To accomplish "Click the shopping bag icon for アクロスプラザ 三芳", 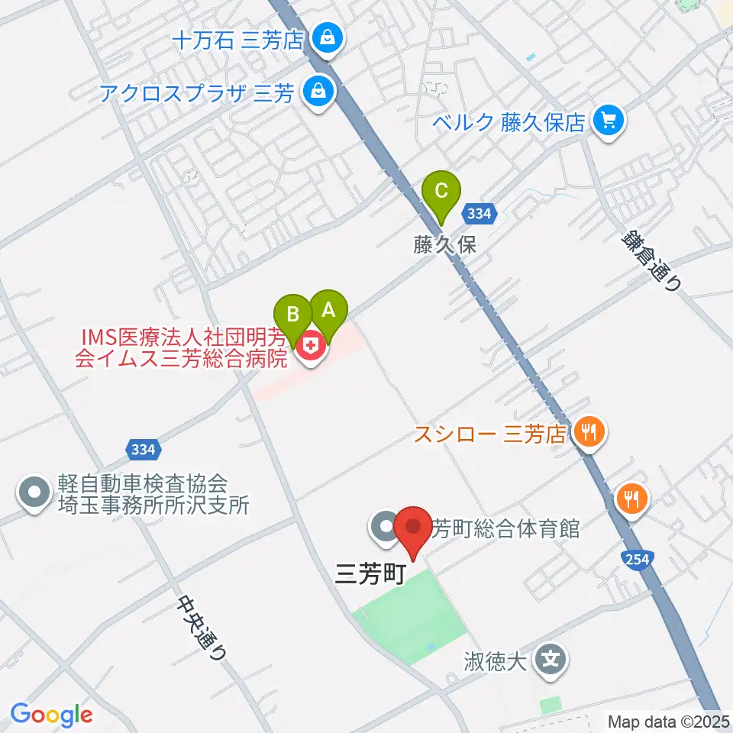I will pyautogui.click(x=315, y=93).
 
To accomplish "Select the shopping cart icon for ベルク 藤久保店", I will pyautogui.click(x=609, y=120).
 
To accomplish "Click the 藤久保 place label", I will pyautogui.click(x=444, y=246).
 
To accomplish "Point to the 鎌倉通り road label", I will pyautogui.click(x=650, y=261).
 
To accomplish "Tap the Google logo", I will pyautogui.click(x=51, y=715).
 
